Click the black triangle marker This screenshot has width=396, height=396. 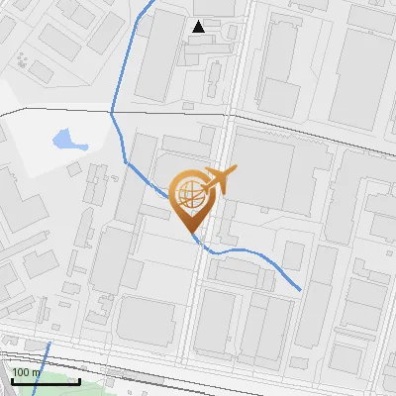[199, 26]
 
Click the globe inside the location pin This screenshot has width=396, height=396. [189, 194]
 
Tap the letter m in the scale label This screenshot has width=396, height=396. [37, 373]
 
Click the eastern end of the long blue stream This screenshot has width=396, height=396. [300, 289]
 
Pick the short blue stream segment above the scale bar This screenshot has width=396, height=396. [45, 356]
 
